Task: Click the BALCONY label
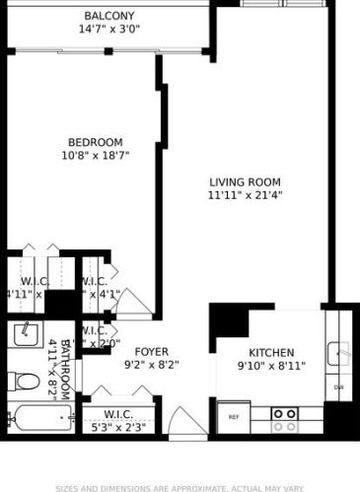click(110, 17)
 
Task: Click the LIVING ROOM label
click(245, 182)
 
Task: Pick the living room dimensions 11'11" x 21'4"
click(245, 196)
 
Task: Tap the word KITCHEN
click(270, 352)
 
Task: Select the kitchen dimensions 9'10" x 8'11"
click(270, 366)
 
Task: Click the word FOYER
click(151, 350)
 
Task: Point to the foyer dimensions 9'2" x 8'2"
click(151, 364)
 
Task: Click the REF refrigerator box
click(235, 417)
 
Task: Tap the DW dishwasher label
click(338, 387)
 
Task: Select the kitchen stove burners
click(285, 420)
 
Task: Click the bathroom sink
click(25, 335)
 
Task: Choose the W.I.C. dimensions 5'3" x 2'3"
click(116, 426)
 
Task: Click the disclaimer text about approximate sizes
click(180, 487)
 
